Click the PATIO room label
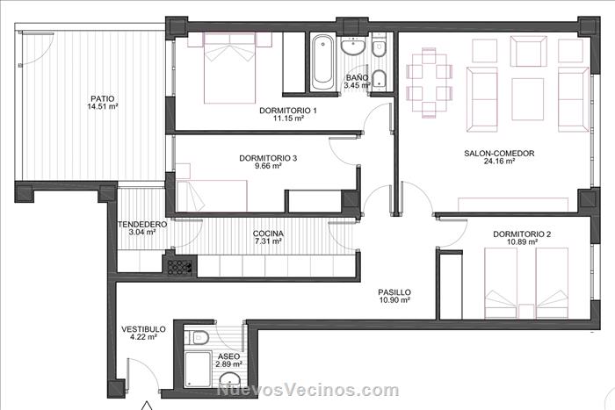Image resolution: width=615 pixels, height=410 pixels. pos(103,99)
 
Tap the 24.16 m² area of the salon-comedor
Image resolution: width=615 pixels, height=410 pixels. pos(499,161)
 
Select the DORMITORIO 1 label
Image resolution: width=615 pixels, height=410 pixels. pos(288,111)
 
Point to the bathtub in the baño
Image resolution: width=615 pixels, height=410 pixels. pos(322,63)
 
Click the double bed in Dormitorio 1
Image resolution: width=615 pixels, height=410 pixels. pos(230,68)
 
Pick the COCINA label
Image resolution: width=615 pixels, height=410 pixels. pos(268,234)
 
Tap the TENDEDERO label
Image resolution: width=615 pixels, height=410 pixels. pos(142,225)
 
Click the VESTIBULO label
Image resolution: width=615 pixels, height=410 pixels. pos(143,329)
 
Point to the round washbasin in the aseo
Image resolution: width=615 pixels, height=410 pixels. pos(229,380)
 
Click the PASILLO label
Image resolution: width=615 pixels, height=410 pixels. pos(394,292)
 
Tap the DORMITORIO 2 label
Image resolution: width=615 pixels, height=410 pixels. pos(522,234)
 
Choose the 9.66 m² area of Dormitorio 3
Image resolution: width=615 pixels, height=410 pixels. pos(268,166)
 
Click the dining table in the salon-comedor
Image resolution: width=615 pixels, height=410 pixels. pos(429,83)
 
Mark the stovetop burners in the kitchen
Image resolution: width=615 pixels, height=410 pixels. pos(178,267)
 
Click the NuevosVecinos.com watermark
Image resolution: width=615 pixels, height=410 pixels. pos(307,390)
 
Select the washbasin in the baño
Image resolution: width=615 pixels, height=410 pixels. pos(353,47)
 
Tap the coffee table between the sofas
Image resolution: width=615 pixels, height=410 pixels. pos(527,99)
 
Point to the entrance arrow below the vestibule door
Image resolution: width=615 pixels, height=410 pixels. pos(147,406)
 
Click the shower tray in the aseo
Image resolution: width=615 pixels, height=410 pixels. pos(198,370)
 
